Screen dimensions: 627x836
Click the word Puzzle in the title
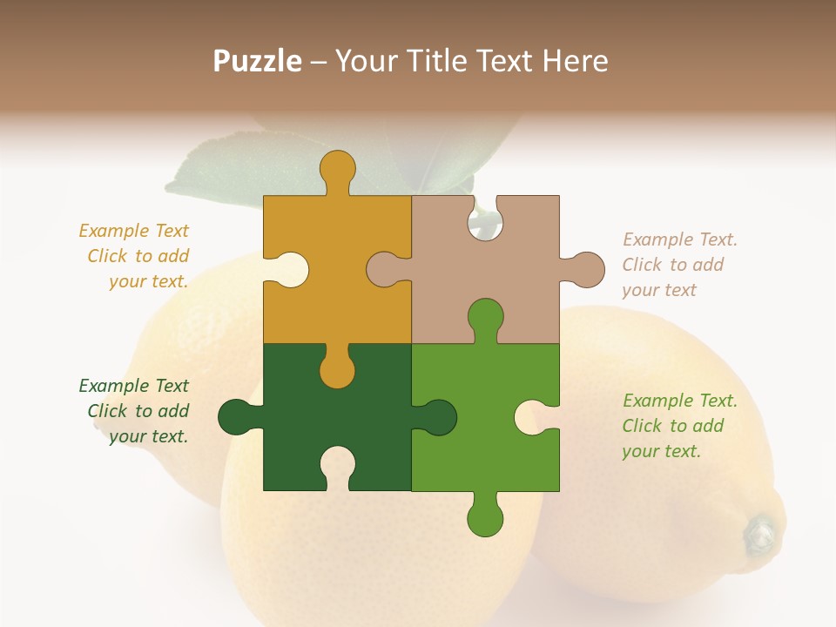pyautogui.click(x=258, y=61)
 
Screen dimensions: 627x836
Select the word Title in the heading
pyautogui.click(x=439, y=61)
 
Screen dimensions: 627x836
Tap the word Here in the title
pyautogui.click(x=575, y=61)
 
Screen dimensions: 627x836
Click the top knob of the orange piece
pyautogui.click(x=337, y=169)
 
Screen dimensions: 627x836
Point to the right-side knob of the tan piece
pyautogui.click(x=586, y=269)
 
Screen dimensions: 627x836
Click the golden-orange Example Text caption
pyautogui.click(x=136, y=256)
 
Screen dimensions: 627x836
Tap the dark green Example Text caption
pyautogui.click(x=136, y=411)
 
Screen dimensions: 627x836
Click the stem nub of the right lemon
pyautogui.click(x=759, y=533)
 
